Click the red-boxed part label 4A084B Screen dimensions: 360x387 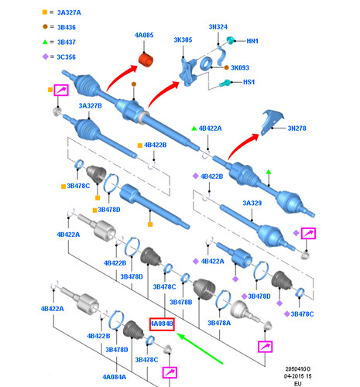point(162,324)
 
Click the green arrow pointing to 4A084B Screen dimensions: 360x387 point(200,348)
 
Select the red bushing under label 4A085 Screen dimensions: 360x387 point(146,60)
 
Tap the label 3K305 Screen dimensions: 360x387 point(183,39)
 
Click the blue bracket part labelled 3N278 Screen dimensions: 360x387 point(271,122)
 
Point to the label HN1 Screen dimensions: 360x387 point(252,41)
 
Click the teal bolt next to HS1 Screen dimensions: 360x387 point(225,83)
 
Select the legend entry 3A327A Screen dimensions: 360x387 point(69,12)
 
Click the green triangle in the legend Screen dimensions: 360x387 point(45,42)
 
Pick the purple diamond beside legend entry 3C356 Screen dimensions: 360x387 point(46,57)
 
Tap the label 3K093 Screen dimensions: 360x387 point(240,67)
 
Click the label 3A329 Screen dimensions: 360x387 point(252,203)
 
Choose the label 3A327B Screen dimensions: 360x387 point(90,106)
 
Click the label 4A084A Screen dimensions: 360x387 point(115,377)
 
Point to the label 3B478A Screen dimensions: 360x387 point(219,323)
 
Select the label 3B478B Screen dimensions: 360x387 point(180,302)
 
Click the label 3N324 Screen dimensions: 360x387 point(218,27)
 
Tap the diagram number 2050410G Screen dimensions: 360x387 point(298,369)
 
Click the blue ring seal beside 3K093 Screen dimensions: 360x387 point(206,63)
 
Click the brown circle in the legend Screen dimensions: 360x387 point(45,26)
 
